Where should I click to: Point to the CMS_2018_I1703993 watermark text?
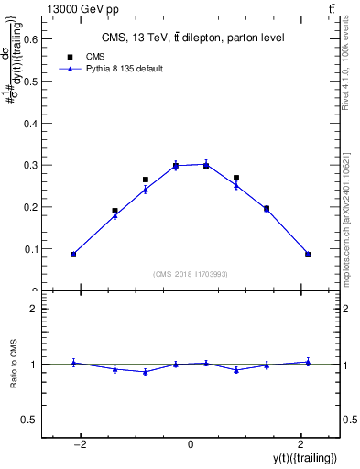click(190, 273)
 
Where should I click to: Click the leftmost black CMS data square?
click(73, 255)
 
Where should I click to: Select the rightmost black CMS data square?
click(308, 255)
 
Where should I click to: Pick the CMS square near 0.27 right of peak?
click(236, 178)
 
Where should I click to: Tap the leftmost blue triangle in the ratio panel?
click(73, 363)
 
